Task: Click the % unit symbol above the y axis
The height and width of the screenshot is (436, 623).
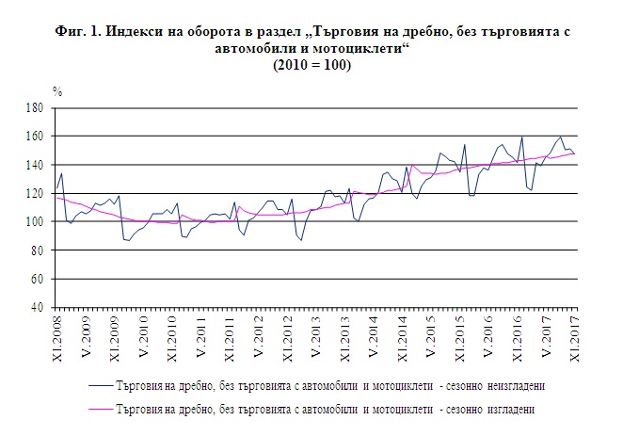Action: (56, 92)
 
